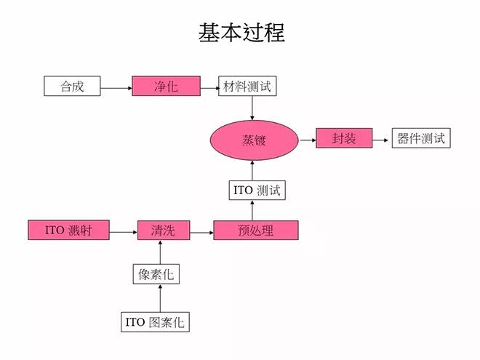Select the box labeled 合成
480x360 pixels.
click(x=72, y=87)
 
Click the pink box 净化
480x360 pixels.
click(x=166, y=87)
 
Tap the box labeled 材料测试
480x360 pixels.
click(x=248, y=87)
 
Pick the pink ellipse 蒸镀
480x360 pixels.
click(x=254, y=139)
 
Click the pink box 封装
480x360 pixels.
click(x=344, y=138)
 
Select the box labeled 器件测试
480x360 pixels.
click(x=421, y=138)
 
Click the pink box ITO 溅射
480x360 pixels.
click(x=69, y=231)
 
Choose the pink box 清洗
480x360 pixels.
click(x=162, y=231)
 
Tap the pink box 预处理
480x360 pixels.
click(x=255, y=231)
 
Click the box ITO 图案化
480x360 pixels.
click(x=155, y=321)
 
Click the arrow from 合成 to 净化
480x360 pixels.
click(x=116, y=87)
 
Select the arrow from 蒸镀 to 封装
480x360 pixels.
click(x=307, y=138)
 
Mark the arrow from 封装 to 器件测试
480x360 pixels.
click(x=383, y=138)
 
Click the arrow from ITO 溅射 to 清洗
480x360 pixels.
click(x=124, y=231)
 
